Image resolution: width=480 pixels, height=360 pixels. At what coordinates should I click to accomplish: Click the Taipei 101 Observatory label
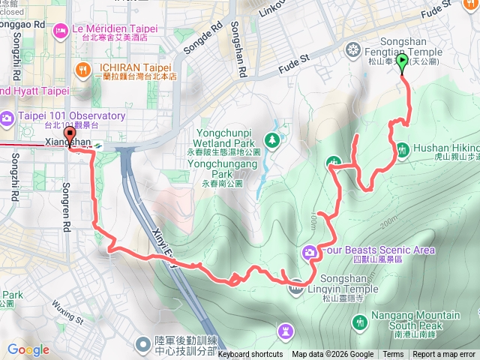click(x=73, y=116)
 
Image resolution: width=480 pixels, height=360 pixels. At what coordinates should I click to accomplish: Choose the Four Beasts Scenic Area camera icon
click(x=309, y=251)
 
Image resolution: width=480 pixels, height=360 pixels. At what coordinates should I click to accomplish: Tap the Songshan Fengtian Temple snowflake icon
click(x=352, y=50)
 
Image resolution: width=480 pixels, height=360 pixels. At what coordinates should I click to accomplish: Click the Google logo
click(x=28, y=349)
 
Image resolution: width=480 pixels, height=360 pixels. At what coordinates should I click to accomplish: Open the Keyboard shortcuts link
click(x=250, y=355)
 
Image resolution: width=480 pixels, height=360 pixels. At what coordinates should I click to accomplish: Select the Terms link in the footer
click(x=393, y=355)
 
